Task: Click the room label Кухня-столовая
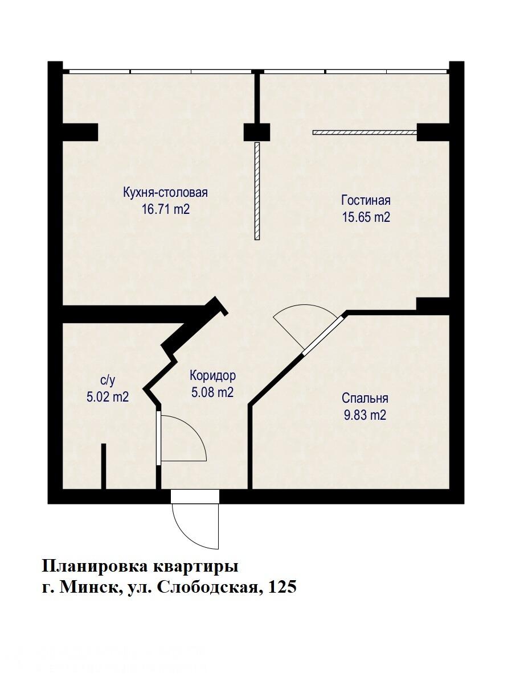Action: tap(165, 192)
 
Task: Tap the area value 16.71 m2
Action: tap(165, 209)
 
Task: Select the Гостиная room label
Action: tap(366, 200)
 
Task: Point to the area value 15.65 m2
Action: tap(366, 217)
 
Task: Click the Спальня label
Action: tap(365, 398)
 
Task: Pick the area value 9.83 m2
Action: tap(365, 415)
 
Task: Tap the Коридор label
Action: tap(212, 375)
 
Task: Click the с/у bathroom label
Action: tap(108, 381)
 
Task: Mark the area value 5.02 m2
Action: tap(108, 397)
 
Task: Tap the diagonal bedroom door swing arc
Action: tap(296, 324)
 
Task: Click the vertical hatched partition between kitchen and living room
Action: tap(257, 191)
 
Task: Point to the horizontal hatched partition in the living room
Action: tap(365, 133)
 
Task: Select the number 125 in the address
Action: tap(281, 588)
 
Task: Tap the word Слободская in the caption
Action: tap(204, 588)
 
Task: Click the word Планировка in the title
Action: tap(94, 567)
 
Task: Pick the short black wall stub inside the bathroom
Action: tap(104, 466)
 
